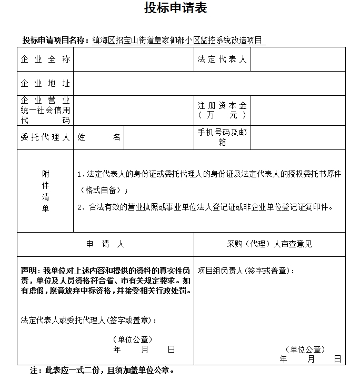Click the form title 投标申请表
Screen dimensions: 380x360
point(176,8)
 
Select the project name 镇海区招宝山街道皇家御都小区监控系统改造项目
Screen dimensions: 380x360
point(178,40)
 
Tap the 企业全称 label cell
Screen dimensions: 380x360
point(45,59)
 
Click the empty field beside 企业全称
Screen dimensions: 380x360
point(134,59)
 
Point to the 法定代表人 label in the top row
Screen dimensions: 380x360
point(222,59)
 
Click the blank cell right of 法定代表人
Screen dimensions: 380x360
point(298,59)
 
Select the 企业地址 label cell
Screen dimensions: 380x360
point(45,84)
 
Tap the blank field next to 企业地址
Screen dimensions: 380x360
point(209,84)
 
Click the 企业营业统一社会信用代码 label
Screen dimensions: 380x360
point(45,110)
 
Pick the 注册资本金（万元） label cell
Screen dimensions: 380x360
point(222,110)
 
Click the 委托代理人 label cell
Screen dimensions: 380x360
point(45,137)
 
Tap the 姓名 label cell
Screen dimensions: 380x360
point(99,137)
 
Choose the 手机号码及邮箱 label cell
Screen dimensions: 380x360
point(222,137)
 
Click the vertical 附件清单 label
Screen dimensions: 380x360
point(45,191)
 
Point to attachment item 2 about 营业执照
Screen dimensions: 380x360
point(205,207)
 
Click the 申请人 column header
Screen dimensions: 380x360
point(105,244)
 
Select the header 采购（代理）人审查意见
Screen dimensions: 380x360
point(269,244)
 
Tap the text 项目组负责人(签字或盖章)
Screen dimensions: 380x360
point(246,271)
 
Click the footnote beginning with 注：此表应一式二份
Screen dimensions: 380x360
point(102,370)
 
